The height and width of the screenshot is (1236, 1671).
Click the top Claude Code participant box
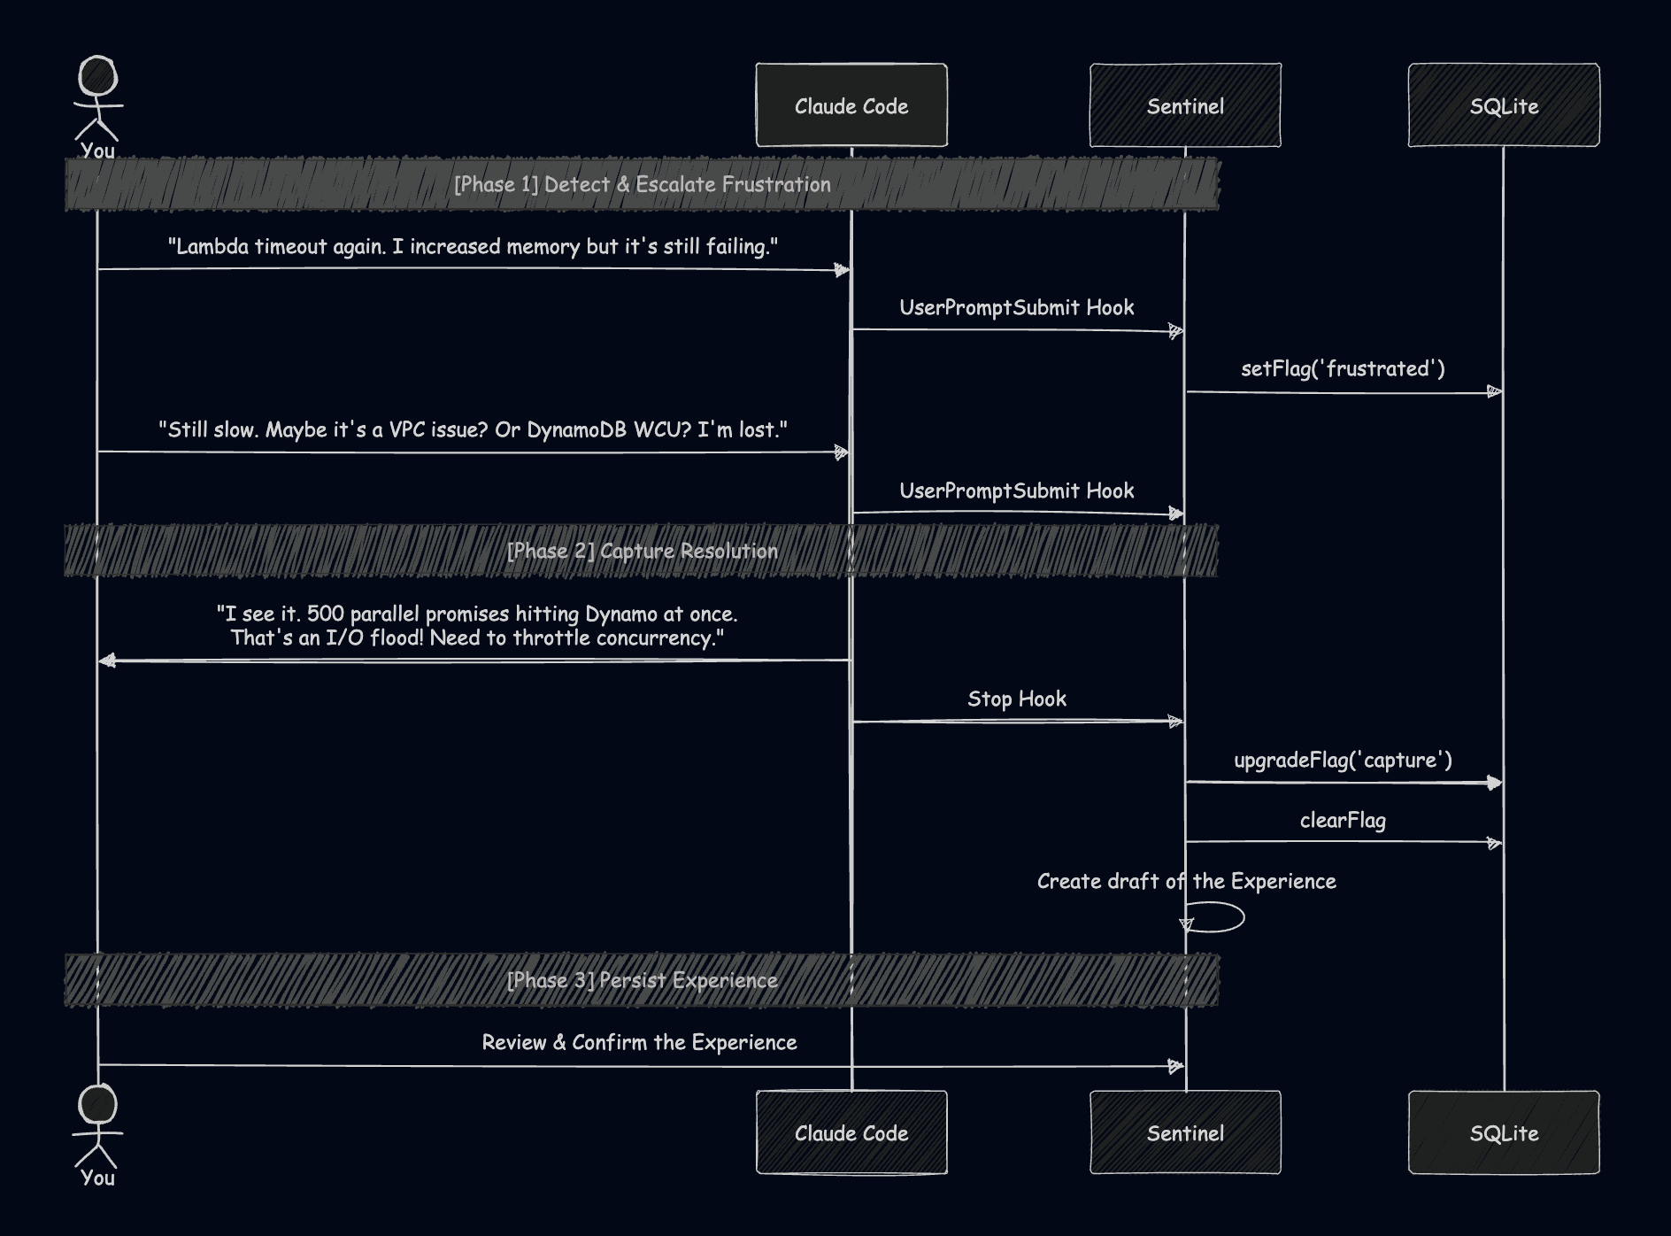[851, 105]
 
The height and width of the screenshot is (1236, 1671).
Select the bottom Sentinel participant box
[1185, 1132]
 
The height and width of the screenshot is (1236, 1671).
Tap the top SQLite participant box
[1504, 105]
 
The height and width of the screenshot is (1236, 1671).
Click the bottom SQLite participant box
[1504, 1132]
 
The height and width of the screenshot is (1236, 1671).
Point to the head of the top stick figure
[97, 76]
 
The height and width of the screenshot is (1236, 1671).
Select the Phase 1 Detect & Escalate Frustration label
[642, 184]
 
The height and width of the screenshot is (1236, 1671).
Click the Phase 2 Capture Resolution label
[642, 551]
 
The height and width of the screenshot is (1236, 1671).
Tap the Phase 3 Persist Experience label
[642, 980]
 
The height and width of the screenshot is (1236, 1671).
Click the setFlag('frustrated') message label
[1343, 368]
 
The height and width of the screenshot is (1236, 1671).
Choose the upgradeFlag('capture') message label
[1343, 760]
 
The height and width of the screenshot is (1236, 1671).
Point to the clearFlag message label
[1343, 820]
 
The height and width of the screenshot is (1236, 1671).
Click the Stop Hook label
[1016, 699]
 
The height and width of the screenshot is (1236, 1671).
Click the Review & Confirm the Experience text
[639, 1042]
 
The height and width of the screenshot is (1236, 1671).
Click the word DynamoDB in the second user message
[576, 429]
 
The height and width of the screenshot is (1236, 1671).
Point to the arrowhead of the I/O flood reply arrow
[107, 660]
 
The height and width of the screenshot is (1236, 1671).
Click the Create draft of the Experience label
[1186, 881]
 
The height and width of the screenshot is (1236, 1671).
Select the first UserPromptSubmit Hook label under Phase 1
[1016, 307]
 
